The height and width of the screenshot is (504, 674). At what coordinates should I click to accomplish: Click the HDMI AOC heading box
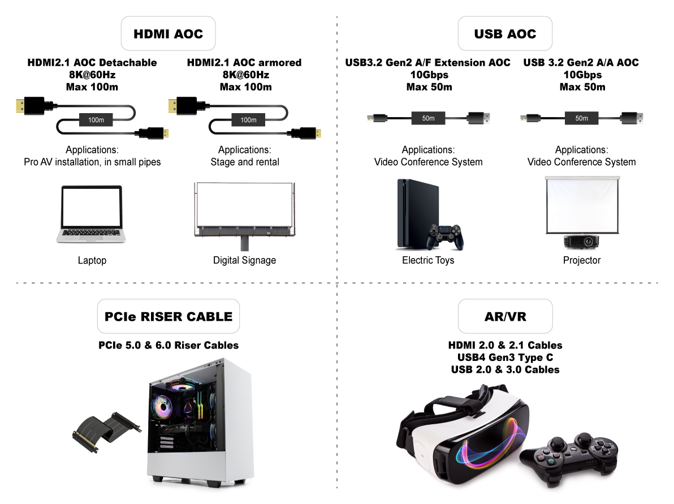[x=168, y=34]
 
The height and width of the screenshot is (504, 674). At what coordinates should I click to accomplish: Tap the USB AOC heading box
[x=505, y=34]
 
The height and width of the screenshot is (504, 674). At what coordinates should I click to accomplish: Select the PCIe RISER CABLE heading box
[x=168, y=316]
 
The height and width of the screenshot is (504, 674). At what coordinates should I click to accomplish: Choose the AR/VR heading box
[x=505, y=316]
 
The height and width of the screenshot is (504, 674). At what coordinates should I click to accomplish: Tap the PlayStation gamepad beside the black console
[x=446, y=237]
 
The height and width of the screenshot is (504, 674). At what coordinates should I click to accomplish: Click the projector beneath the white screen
[x=582, y=242]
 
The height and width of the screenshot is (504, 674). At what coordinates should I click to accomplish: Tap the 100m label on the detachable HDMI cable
[x=96, y=120]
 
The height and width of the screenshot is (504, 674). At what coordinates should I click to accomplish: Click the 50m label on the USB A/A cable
[x=581, y=118]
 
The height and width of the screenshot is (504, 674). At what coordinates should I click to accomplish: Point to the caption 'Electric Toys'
[x=428, y=260]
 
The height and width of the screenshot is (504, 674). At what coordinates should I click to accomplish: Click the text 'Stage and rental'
[x=245, y=162]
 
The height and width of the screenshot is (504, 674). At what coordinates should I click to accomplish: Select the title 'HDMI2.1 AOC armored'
[x=244, y=62]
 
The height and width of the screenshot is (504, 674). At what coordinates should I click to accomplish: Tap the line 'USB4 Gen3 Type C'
[x=505, y=357]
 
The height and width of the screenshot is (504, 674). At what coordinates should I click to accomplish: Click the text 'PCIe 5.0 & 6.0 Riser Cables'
[x=168, y=345]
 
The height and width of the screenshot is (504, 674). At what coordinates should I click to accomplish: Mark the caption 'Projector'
[x=581, y=260]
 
